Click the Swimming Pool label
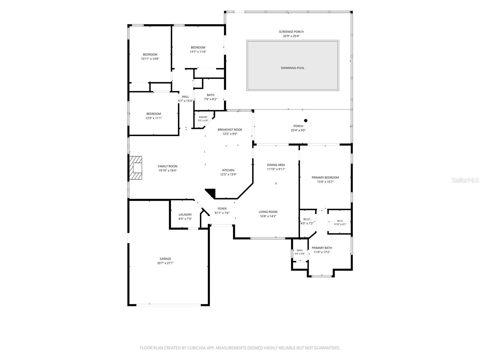click(x=292, y=68)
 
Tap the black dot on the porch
click(x=306, y=120)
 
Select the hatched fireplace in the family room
click(x=136, y=168)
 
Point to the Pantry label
click(x=203, y=117)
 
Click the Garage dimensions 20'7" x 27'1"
click(x=165, y=263)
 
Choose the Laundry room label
click(x=185, y=214)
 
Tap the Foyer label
click(x=222, y=208)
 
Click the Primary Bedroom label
click(x=325, y=178)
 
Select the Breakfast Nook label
click(x=230, y=130)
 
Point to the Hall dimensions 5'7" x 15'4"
click(x=185, y=101)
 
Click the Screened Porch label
click(x=291, y=32)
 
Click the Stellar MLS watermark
click(x=465, y=180)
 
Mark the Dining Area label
click(x=276, y=165)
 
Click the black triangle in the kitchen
click(x=211, y=193)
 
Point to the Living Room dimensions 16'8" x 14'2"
click(x=268, y=216)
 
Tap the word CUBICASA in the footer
click(x=196, y=348)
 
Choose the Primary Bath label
click(x=322, y=248)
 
